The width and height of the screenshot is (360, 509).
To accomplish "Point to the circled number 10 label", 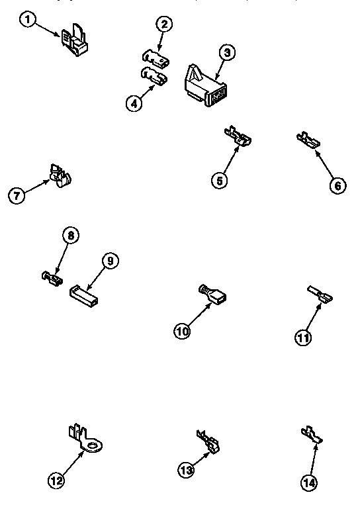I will [183, 332].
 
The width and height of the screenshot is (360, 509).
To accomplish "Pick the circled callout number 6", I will [336, 185].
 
